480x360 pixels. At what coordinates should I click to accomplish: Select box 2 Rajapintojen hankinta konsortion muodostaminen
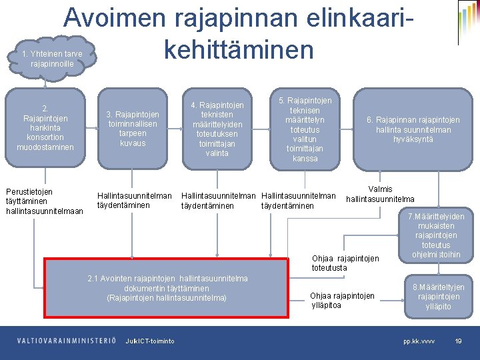(x=45, y=127)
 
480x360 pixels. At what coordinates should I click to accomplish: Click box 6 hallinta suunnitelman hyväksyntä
(x=413, y=129)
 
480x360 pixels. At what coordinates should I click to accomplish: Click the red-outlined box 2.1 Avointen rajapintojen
(x=167, y=288)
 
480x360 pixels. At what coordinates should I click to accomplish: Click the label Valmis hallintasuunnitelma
(x=380, y=194)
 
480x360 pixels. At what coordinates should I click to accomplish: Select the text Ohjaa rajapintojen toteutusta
(x=345, y=263)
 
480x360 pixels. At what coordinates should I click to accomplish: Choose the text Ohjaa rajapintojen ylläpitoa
(x=342, y=300)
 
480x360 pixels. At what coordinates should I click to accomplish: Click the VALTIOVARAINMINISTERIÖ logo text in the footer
(x=67, y=341)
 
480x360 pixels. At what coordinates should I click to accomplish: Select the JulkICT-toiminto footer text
(x=150, y=341)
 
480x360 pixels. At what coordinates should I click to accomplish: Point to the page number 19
(x=458, y=341)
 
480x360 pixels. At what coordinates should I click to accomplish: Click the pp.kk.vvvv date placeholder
(x=419, y=341)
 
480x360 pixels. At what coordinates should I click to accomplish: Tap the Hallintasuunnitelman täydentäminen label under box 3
(x=134, y=201)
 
